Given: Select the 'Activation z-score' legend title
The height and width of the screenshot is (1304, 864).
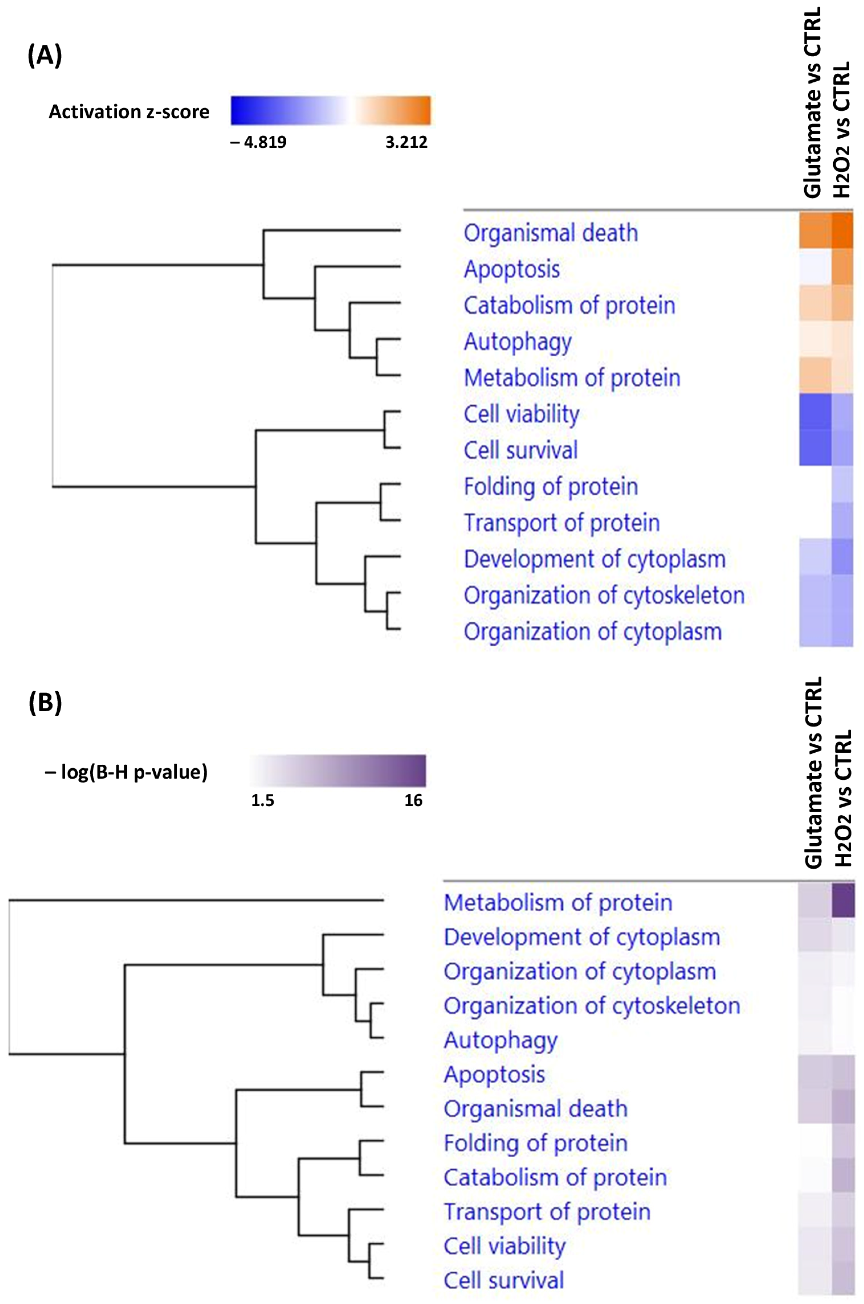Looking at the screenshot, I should pyautogui.click(x=129, y=112).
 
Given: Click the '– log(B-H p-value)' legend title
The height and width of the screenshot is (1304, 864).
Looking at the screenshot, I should pyautogui.click(x=126, y=772).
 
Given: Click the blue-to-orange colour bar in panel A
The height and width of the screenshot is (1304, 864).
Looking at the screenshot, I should pyautogui.click(x=331, y=111).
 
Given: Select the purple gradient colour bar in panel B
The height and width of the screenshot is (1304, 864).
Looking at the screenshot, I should pyautogui.click(x=337, y=770).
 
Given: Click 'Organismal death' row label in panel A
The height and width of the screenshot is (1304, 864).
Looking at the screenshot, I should pyautogui.click(x=550, y=233).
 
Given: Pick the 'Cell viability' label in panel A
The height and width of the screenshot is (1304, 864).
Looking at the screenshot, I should pyautogui.click(x=521, y=414).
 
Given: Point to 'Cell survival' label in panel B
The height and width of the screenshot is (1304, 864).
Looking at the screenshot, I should pyautogui.click(x=504, y=1280).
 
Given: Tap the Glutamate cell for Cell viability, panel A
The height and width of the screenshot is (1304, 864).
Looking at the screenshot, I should pyautogui.click(x=815, y=411).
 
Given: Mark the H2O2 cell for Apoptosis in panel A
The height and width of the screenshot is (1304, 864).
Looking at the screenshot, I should pyautogui.click(x=843, y=268).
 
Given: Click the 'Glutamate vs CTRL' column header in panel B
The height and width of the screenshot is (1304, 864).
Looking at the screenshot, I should pyautogui.click(x=813, y=772).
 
